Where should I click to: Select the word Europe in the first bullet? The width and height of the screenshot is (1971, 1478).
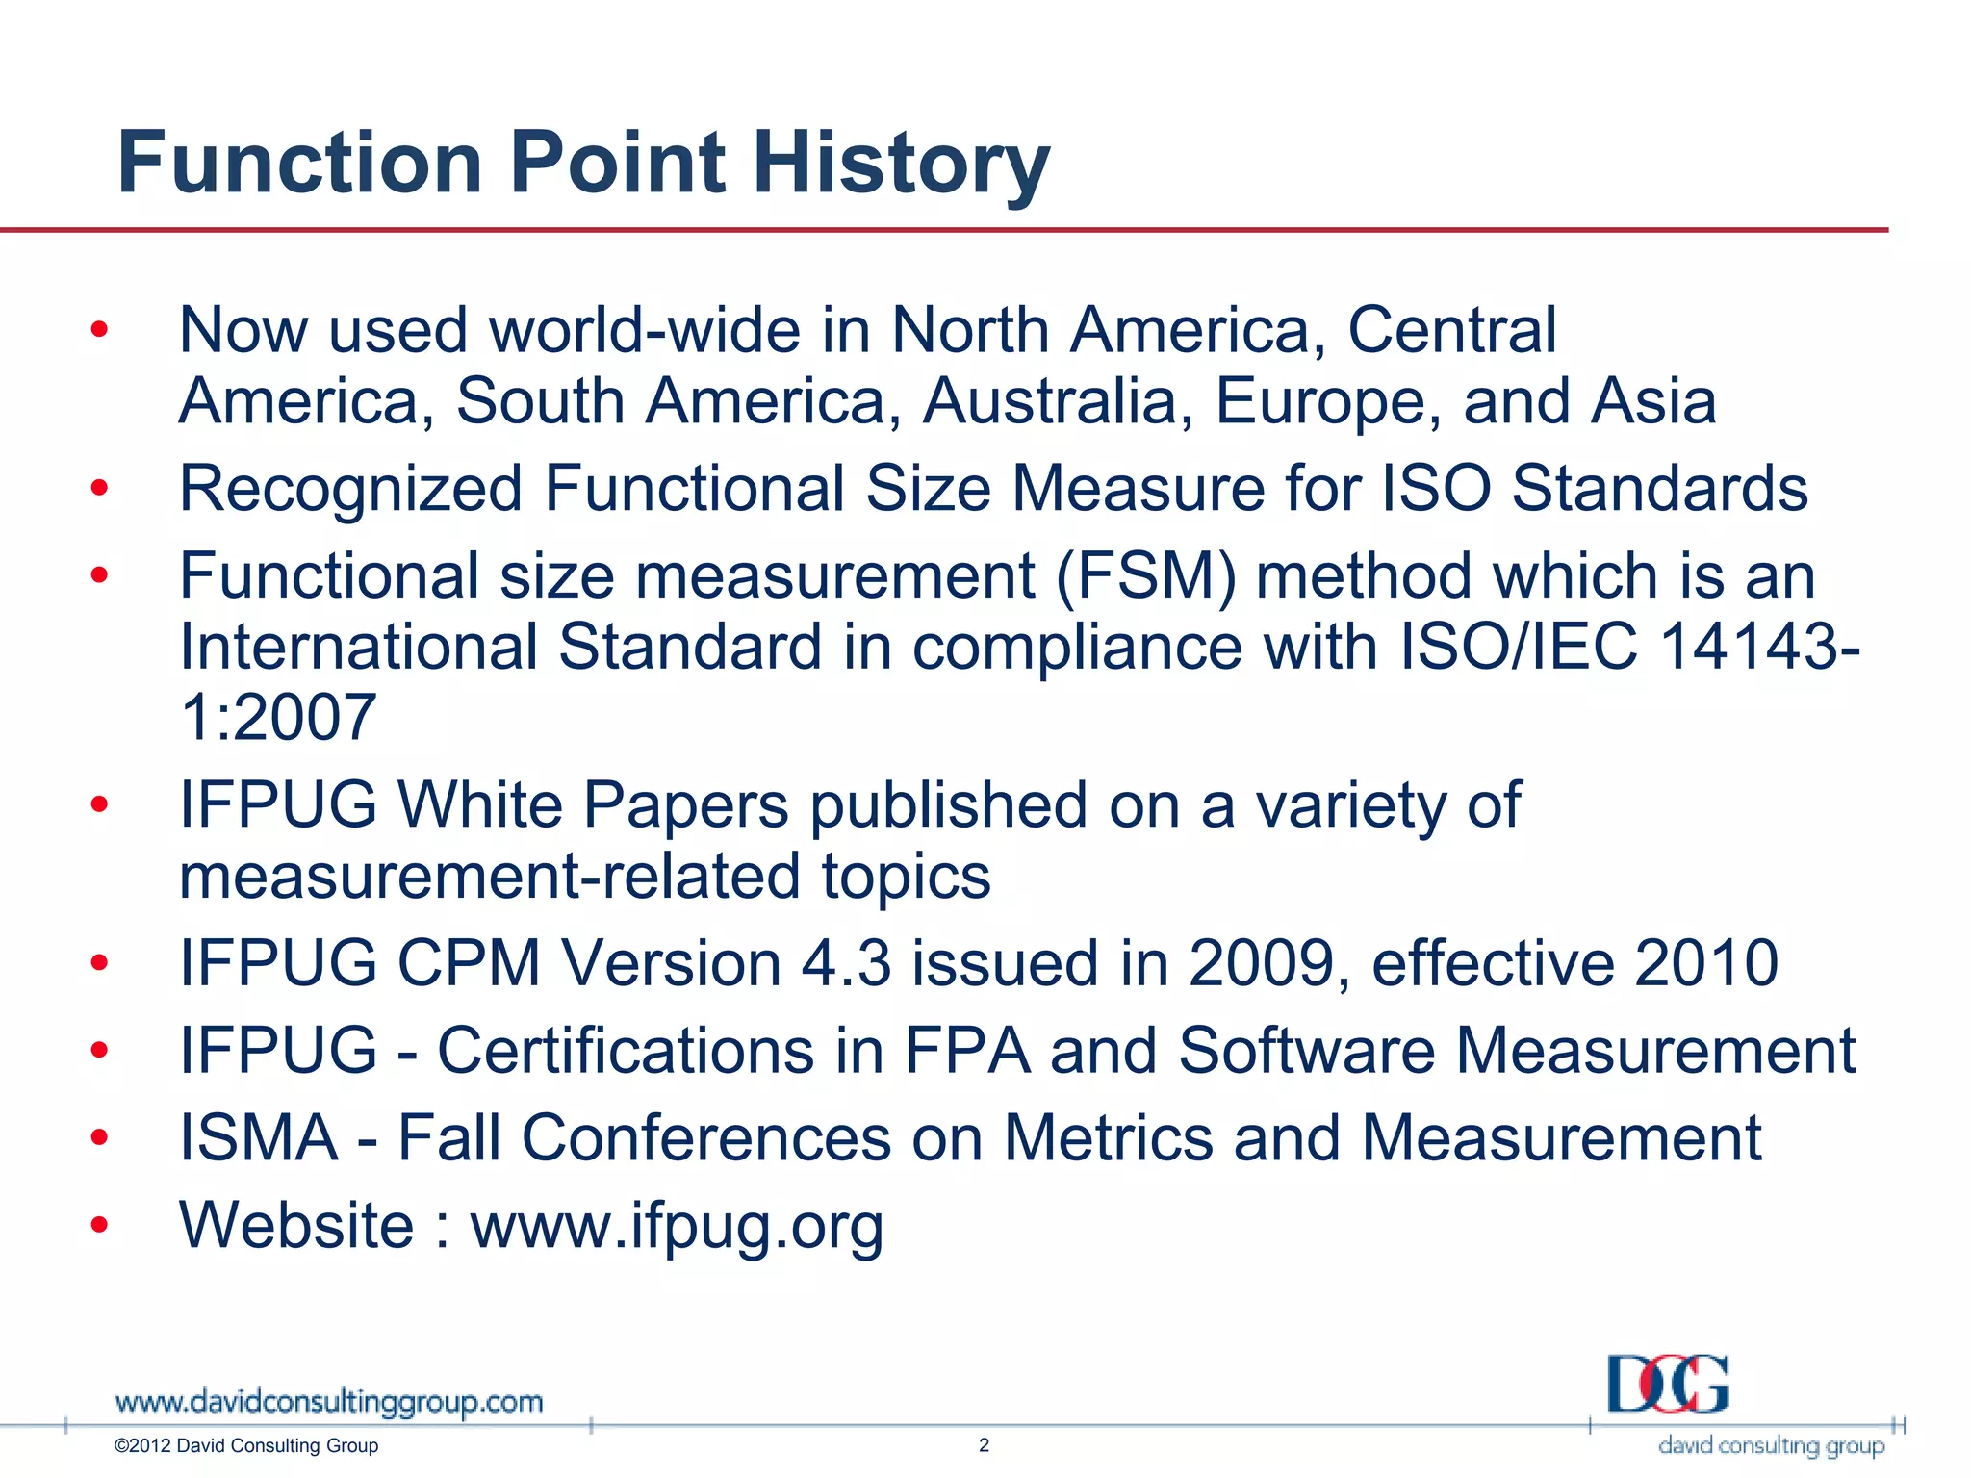point(1328,400)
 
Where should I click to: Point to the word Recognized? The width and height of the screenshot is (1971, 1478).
point(350,489)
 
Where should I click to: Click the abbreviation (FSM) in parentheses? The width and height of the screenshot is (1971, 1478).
point(1145,576)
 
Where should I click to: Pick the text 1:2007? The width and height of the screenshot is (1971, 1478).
point(278,717)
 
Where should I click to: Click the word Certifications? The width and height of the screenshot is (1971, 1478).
point(627,1050)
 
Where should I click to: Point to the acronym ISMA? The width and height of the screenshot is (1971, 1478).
point(259,1138)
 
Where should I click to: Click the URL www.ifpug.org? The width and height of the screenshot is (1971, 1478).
point(677,1226)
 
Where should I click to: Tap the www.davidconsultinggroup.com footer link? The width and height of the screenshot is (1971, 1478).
point(328,1402)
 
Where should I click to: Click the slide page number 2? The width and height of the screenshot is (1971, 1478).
point(984,1444)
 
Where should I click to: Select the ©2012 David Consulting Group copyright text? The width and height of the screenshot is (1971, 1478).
point(246,1445)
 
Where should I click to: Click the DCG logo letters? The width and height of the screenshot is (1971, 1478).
point(1667,1384)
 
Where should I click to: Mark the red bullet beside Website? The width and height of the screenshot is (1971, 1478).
point(99,1225)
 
